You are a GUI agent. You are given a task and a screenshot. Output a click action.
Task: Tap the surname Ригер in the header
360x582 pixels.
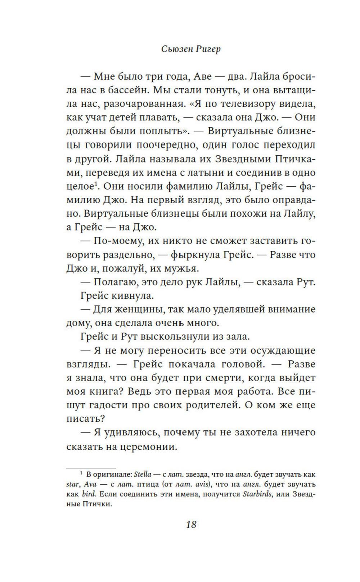[208, 49]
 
